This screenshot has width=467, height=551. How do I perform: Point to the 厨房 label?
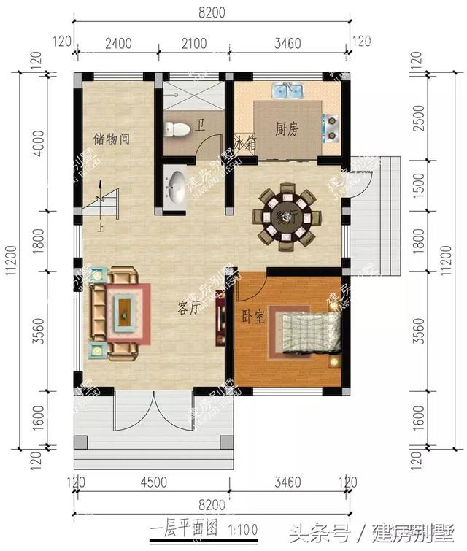click(x=287, y=129)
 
